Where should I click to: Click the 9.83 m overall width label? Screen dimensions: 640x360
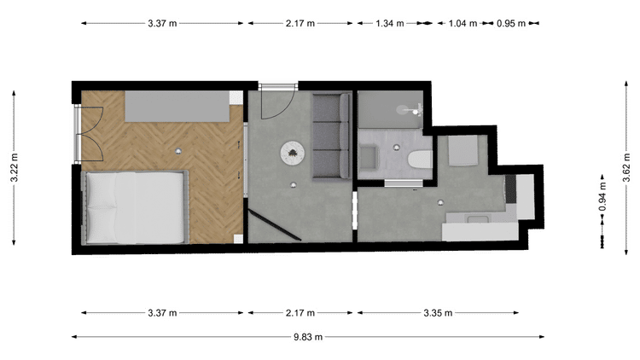pyautogui.click(x=308, y=337)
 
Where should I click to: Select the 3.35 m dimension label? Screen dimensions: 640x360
pyautogui.click(x=438, y=313)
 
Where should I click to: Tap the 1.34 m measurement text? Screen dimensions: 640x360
pyautogui.click(x=389, y=23)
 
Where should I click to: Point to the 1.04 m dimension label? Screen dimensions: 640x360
pyautogui.click(x=463, y=23)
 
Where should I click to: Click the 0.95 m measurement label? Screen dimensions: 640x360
pyautogui.click(x=510, y=23)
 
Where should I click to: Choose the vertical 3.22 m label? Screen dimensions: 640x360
pyautogui.click(x=15, y=167)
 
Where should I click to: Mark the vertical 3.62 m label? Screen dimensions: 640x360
pyautogui.click(x=627, y=167)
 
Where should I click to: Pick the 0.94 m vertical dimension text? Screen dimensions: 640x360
pyautogui.click(x=602, y=197)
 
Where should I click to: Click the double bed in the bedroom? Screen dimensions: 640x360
pyautogui.click(x=135, y=207)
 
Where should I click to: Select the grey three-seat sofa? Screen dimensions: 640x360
pyautogui.click(x=331, y=136)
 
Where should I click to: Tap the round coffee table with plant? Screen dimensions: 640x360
pyautogui.click(x=292, y=153)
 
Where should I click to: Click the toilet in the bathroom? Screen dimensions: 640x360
pyautogui.click(x=420, y=160)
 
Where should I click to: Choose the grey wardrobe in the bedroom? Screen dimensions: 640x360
pyautogui.click(x=177, y=106)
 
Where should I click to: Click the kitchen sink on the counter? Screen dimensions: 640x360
pyautogui.click(x=478, y=219)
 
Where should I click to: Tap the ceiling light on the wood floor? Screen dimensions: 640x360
pyautogui.click(x=178, y=152)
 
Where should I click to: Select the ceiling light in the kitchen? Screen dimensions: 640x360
pyautogui.click(x=440, y=202)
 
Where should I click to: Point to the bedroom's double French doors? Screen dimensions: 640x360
pyautogui.click(x=89, y=134)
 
